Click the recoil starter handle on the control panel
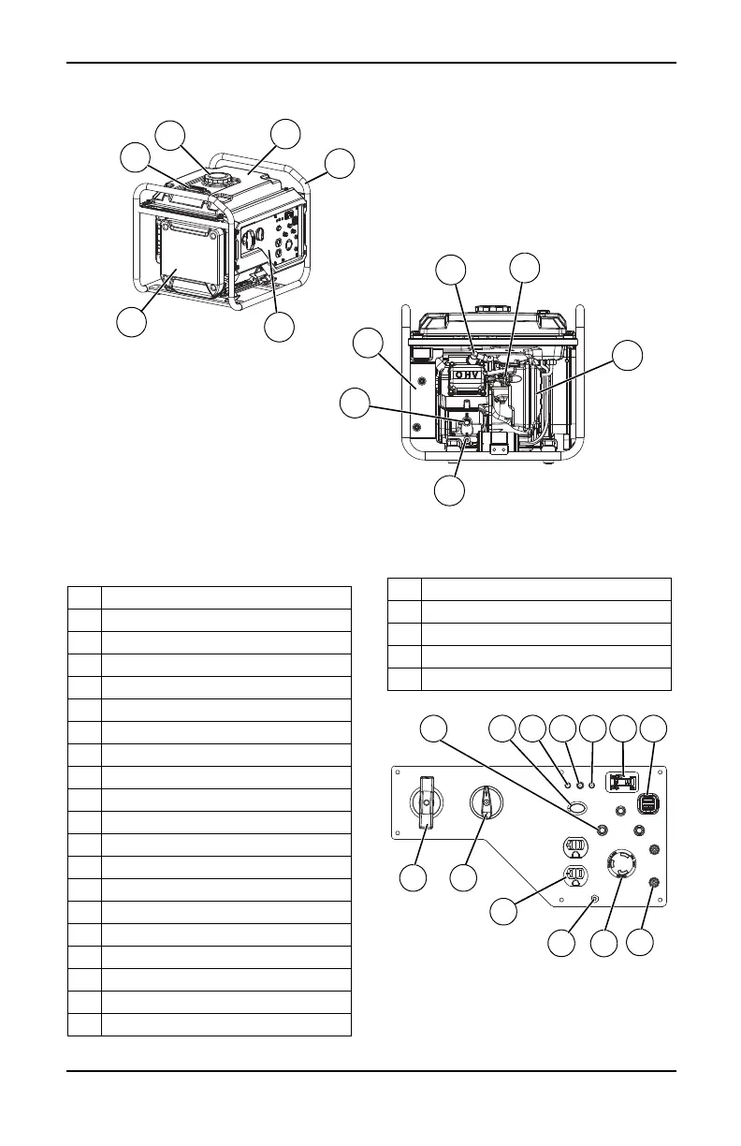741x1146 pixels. pyautogui.click(x=427, y=802)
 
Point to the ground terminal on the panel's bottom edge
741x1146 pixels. pyautogui.click(x=596, y=899)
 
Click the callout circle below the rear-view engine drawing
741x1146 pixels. pyautogui.click(x=450, y=491)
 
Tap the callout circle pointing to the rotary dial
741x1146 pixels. pyautogui.click(x=462, y=877)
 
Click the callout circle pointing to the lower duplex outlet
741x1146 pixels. pyautogui.click(x=505, y=914)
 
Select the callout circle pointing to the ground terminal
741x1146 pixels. pyautogui.click(x=561, y=942)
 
